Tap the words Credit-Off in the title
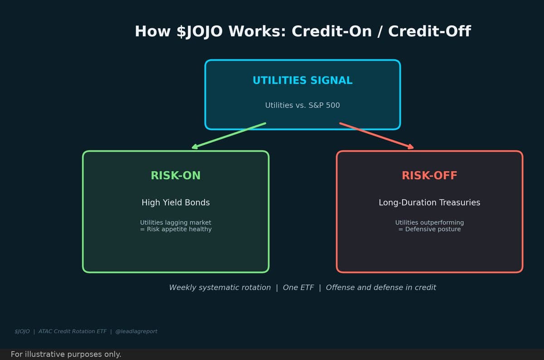click(x=429, y=32)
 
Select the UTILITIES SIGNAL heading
click(x=302, y=81)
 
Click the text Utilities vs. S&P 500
click(x=302, y=106)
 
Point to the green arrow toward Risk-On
click(x=228, y=136)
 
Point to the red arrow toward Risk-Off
click(x=377, y=136)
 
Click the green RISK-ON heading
click(x=175, y=176)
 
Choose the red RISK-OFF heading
click(x=429, y=176)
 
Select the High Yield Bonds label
click(x=175, y=203)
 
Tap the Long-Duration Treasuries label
click(x=429, y=203)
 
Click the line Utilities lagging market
click(x=175, y=223)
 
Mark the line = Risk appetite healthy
click(x=175, y=229)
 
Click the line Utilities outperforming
click(x=429, y=223)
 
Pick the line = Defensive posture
click(x=429, y=229)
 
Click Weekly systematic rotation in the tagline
click(x=220, y=288)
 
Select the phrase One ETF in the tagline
click(x=298, y=288)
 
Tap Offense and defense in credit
click(x=381, y=288)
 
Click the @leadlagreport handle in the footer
click(x=136, y=331)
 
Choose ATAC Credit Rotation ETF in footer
click(x=73, y=331)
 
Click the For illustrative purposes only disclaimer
click(x=66, y=355)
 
